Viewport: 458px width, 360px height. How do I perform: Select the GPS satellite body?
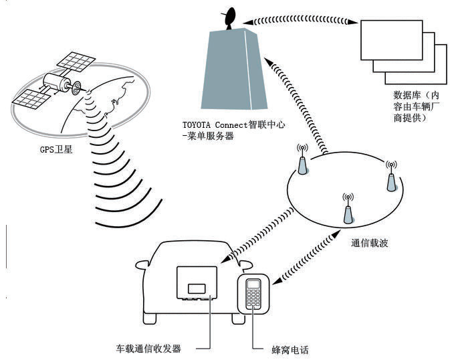click(x=56, y=84)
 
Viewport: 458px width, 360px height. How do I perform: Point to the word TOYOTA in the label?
click(x=197, y=124)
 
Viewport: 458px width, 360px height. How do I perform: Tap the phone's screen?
click(x=253, y=284)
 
